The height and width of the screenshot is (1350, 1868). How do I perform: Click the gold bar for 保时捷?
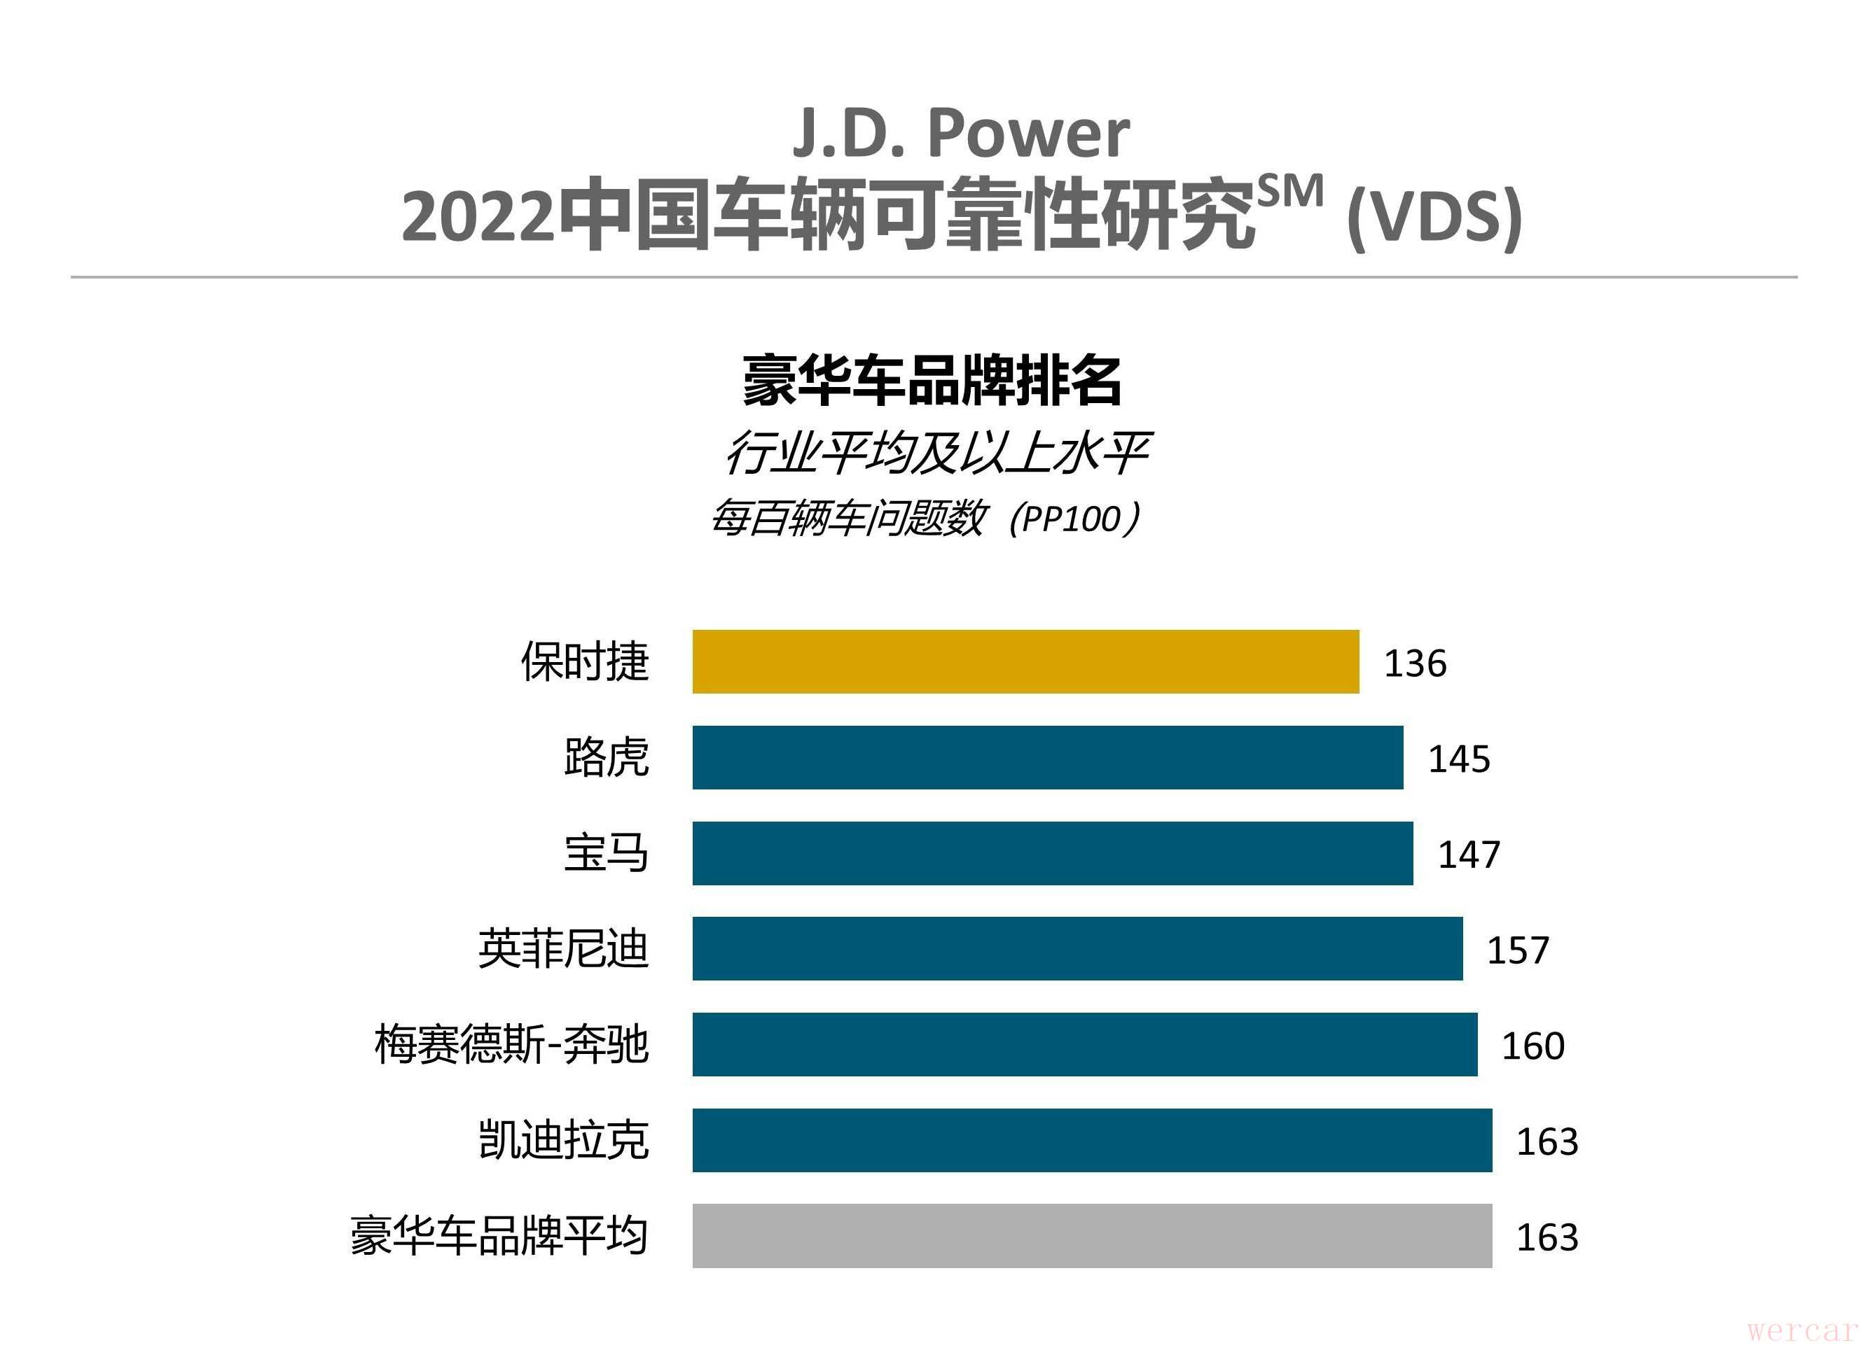click(1025, 662)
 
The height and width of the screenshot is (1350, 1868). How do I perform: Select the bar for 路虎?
click(1048, 757)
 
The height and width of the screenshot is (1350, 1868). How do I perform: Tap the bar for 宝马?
click(1053, 853)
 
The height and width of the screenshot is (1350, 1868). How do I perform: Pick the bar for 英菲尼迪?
click(1077, 948)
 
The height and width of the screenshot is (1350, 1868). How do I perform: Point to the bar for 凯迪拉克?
click(1092, 1140)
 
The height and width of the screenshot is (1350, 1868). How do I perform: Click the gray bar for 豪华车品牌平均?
click(1092, 1236)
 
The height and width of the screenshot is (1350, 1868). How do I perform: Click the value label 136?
click(1415, 663)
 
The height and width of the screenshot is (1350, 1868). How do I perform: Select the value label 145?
click(1459, 759)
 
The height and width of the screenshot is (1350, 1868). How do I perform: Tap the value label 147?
click(1469, 855)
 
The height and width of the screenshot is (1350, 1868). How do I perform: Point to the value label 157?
click(1518, 950)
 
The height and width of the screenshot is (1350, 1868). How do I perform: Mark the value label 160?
click(1533, 1046)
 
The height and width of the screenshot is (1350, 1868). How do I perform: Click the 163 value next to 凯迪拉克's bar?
click(1548, 1141)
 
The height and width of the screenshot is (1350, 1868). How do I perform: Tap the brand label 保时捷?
click(585, 662)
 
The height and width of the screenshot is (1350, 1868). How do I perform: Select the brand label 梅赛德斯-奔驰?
click(511, 1045)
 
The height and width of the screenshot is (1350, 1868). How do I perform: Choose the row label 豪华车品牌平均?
click(499, 1236)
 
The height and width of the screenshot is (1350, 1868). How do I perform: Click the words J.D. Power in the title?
click(960, 134)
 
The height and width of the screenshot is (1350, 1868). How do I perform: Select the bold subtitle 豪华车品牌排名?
click(932, 381)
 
